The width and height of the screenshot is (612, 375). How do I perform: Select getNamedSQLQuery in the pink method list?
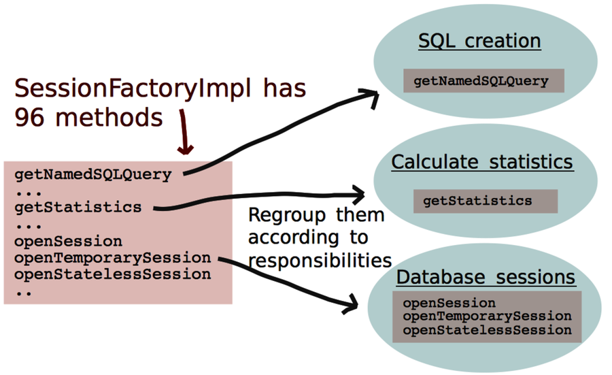pos(92,174)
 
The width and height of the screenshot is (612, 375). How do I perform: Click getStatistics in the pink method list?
pos(78,207)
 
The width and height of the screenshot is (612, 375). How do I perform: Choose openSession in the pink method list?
pos(68,242)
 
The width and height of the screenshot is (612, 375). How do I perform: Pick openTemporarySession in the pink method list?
pos(112,258)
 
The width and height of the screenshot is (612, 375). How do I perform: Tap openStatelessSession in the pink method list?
pos(112,274)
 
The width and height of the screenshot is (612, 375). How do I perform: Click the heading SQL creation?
pos(479,41)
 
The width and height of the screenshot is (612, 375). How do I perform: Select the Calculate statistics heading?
pos(481,162)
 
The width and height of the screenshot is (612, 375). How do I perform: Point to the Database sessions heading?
pos(486,278)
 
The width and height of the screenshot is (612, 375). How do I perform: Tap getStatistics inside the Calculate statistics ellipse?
pos(477,201)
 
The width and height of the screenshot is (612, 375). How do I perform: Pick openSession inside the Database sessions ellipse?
pos(449,303)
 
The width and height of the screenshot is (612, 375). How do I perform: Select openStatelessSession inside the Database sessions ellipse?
pos(487,330)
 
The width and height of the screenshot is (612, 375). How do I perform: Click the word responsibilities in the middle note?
pos(320,260)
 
